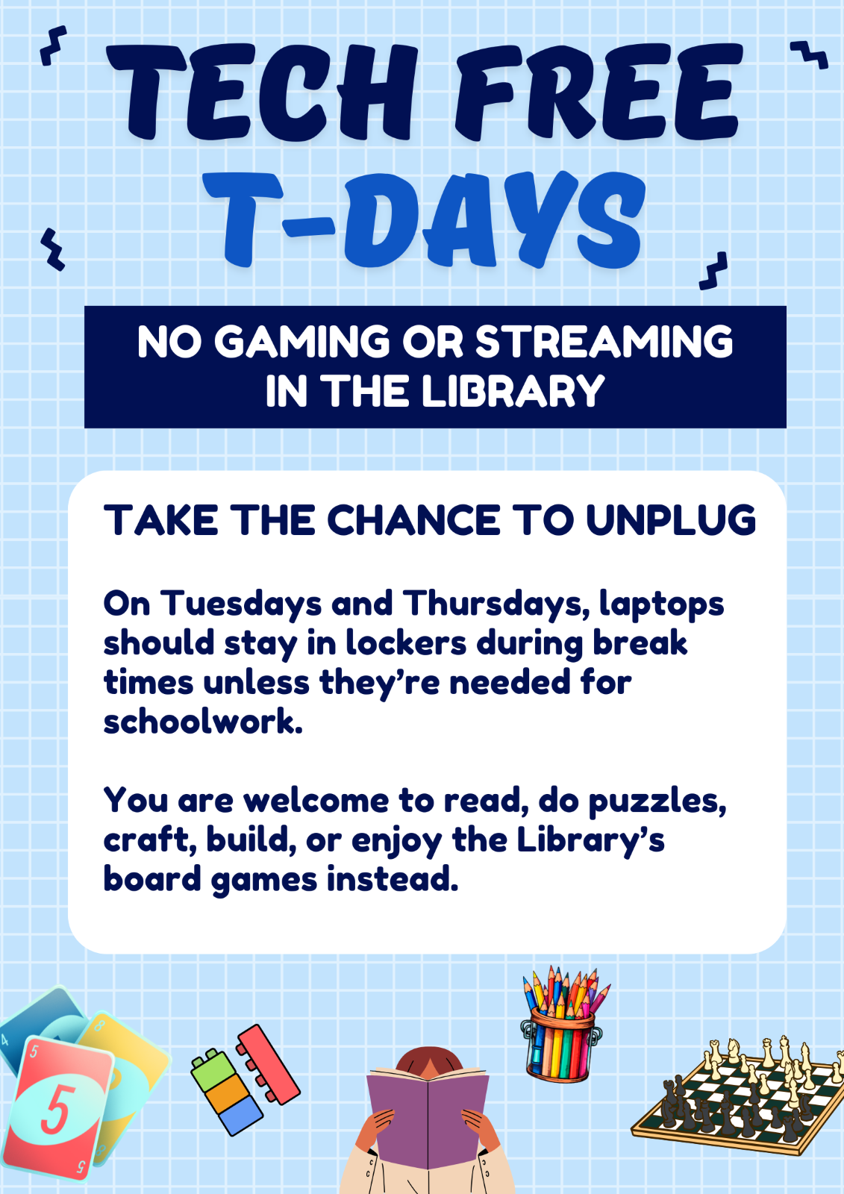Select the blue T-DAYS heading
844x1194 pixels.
pos(424,219)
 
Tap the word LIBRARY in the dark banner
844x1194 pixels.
pos(513,391)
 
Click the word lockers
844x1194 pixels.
pos(407,643)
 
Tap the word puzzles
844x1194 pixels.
pos(657,802)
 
